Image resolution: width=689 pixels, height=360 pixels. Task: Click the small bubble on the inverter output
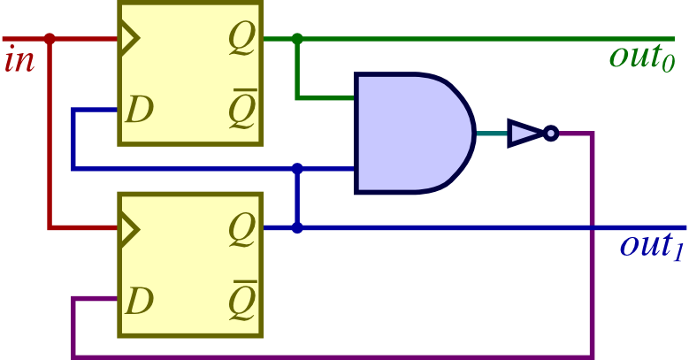[550, 134]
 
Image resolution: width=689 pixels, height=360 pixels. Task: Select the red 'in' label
[19, 62]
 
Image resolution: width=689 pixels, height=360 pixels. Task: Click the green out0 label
[641, 57]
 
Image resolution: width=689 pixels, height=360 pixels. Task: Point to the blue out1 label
[651, 245]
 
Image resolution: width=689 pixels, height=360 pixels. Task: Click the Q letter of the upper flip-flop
[241, 39]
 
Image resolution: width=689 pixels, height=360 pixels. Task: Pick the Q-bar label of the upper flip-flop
[241, 110]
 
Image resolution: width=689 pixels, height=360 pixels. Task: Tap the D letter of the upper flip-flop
[139, 110]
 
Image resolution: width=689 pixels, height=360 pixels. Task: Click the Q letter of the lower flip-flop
[241, 228]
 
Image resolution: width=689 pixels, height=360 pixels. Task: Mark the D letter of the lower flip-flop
[139, 302]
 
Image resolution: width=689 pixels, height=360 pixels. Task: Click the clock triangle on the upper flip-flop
[129, 39]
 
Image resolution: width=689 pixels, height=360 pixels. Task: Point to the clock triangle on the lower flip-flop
[129, 228]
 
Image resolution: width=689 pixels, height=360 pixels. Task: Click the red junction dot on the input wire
[50, 39]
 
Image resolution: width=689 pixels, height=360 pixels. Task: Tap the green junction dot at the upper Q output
[297, 39]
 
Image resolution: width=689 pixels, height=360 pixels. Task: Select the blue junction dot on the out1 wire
[297, 228]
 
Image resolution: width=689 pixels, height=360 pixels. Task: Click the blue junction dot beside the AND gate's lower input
[297, 168]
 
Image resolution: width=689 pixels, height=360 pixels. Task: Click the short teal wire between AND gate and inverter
[492, 134]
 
